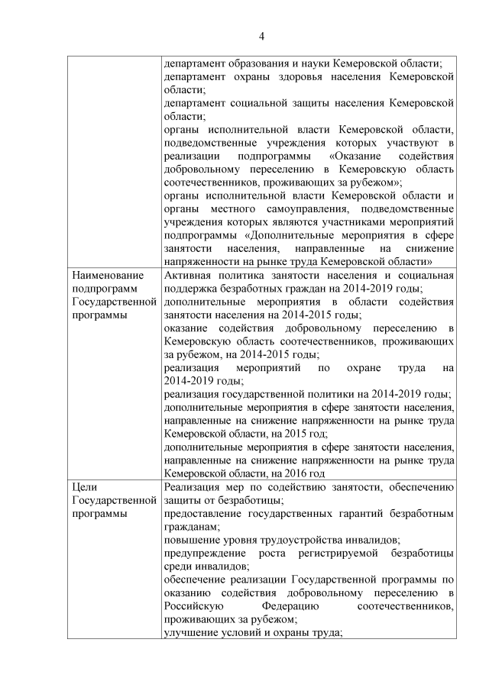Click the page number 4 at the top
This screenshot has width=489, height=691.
(261, 36)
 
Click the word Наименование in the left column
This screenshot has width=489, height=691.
(102, 276)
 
